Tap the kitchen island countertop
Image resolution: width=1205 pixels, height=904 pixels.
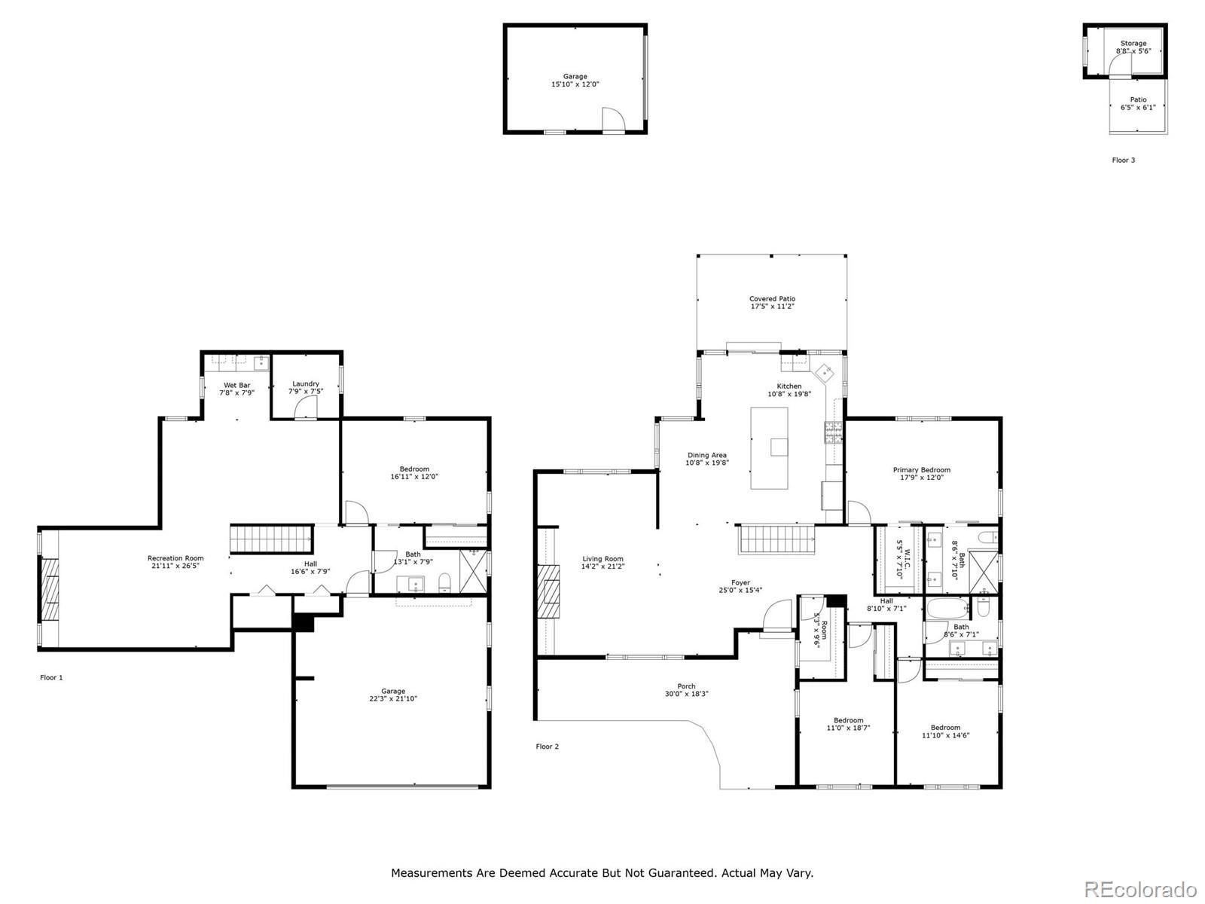[769, 448]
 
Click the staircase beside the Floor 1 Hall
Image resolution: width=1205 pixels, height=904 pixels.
[271, 539]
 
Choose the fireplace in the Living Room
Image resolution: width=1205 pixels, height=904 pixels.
[548, 591]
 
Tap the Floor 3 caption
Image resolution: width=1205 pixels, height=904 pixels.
[1123, 160]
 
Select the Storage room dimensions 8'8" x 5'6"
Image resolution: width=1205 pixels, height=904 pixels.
[1133, 51]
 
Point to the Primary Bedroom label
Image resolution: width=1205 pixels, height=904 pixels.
[921, 470]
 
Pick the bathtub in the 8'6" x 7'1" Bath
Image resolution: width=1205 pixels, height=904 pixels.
[947, 608]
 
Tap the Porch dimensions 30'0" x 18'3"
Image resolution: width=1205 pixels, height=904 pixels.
[686, 694]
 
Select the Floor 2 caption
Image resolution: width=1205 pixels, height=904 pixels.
[547, 747]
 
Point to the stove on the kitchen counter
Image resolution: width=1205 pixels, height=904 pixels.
[833, 432]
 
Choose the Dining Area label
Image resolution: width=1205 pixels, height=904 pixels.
[706, 455]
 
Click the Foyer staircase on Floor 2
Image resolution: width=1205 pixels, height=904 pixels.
[775, 539]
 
